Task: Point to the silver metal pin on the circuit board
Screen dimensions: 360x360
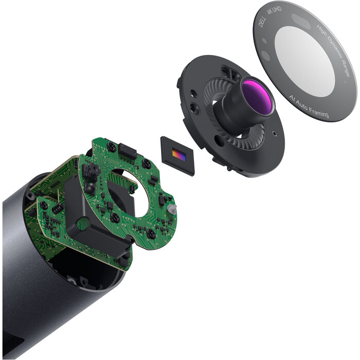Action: coord(172,209)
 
